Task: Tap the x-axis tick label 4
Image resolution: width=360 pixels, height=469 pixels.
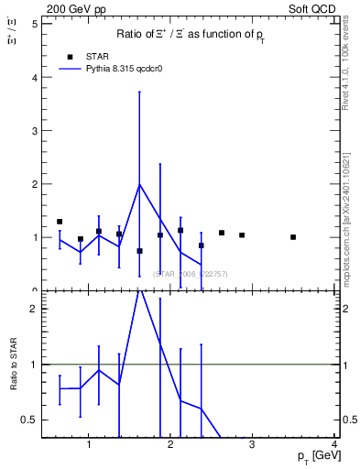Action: click(335, 444)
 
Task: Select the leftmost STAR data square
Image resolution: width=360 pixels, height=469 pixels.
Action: click(60, 222)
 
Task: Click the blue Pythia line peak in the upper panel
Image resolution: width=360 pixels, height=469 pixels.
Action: click(139, 184)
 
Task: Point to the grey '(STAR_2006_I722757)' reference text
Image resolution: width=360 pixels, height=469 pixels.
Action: click(191, 274)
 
